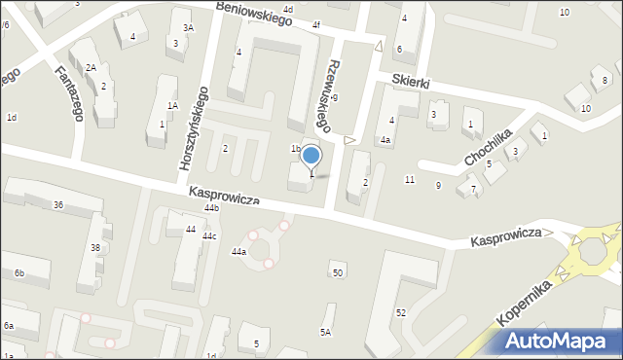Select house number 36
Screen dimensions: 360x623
(x=58, y=204)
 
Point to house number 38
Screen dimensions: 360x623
(x=95, y=248)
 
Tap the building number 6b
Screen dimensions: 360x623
(x=18, y=273)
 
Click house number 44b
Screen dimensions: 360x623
(x=211, y=208)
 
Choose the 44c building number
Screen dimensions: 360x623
(x=209, y=236)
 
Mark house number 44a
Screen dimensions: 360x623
(x=238, y=252)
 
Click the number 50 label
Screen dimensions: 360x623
(x=338, y=272)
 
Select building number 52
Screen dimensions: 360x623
(x=400, y=312)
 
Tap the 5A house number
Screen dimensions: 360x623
(x=326, y=332)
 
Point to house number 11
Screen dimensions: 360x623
(x=410, y=180)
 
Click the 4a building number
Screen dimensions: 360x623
(x=385, y=140)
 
